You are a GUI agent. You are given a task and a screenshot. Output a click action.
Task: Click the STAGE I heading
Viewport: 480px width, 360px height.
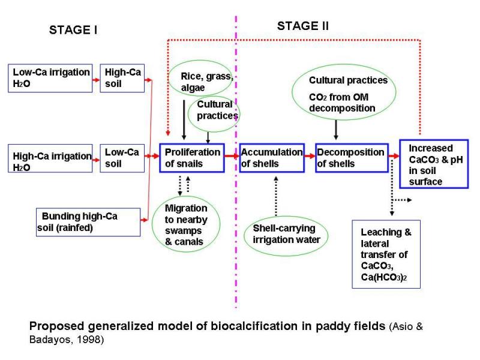[x=73, y=31]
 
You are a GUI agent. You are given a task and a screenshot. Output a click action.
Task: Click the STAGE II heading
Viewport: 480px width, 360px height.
[x=302, y=26]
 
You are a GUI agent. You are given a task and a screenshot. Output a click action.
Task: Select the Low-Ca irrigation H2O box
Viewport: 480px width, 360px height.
[x=51, y=78]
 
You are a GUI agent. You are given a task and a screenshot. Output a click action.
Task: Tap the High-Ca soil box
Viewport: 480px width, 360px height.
[x=123, y=78]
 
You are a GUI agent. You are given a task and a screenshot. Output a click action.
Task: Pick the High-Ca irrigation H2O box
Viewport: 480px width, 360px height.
[x=51, y=160]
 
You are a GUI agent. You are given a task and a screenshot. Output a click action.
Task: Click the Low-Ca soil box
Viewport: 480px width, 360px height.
[x=122, y=158]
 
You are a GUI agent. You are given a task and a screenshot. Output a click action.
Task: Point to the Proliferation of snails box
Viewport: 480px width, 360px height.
[x=191, y=158]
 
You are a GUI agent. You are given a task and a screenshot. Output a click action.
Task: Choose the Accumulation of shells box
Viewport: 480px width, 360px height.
[x=271, y=158]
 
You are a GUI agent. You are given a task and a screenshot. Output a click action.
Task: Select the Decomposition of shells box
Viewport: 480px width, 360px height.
[x=351, y=158]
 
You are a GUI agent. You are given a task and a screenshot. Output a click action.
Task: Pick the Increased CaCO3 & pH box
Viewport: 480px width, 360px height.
[x=434, y=163]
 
